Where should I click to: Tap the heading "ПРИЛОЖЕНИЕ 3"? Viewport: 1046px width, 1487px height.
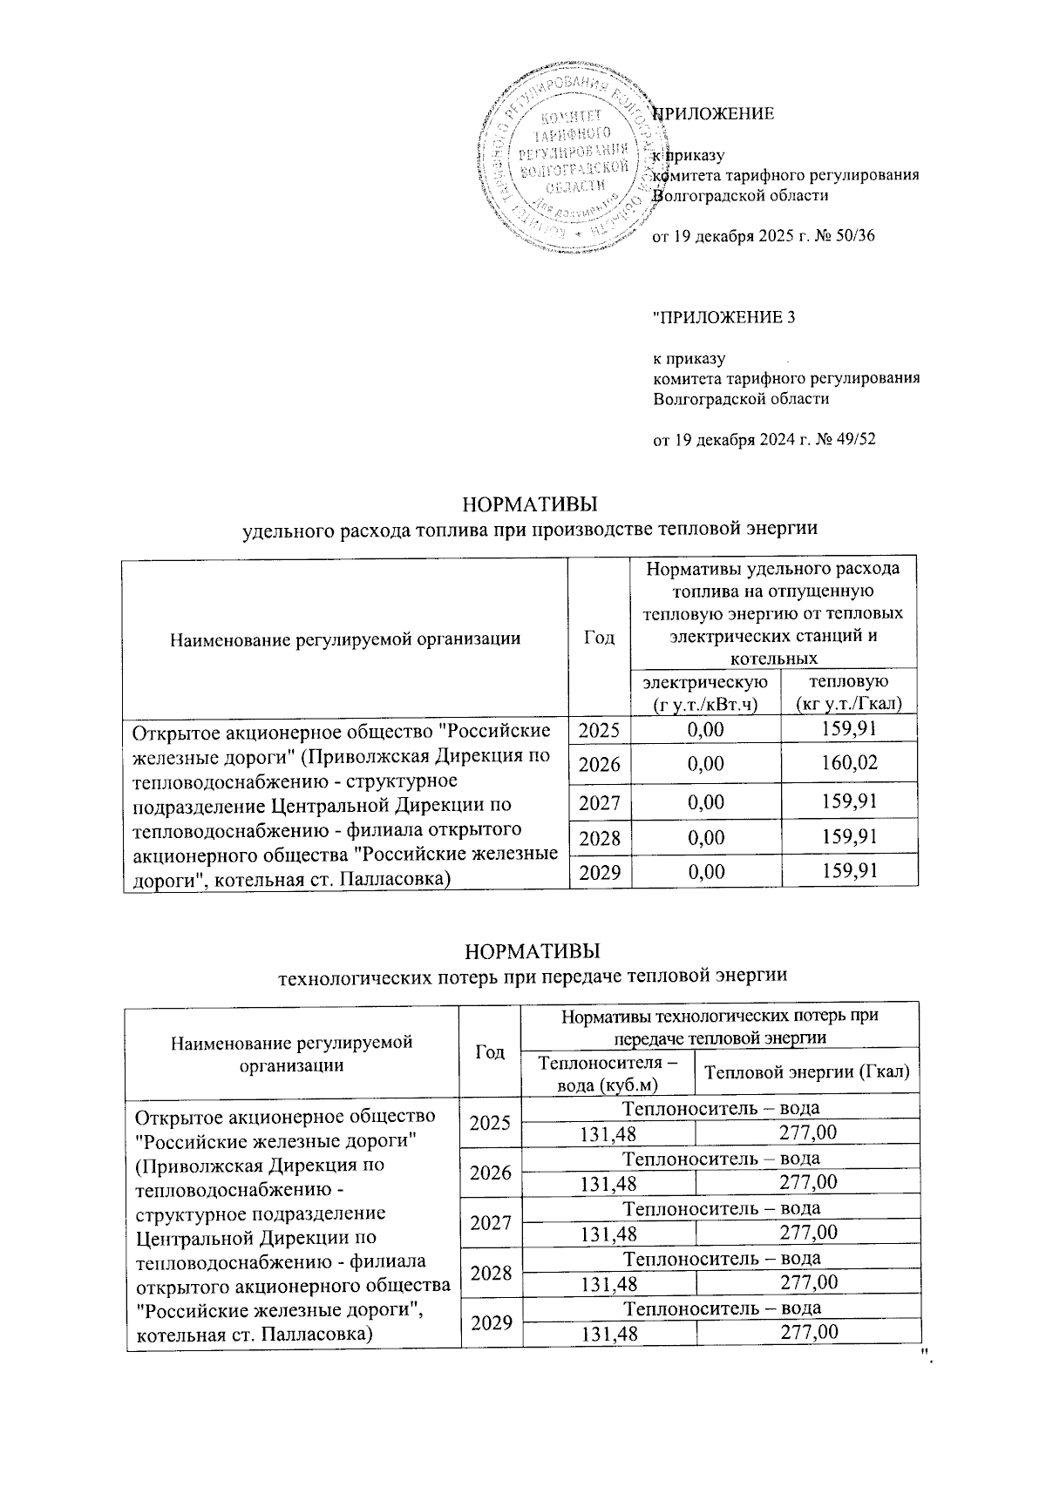[x=724, y=317]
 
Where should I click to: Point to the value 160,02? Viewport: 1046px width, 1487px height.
[x=849, y=764]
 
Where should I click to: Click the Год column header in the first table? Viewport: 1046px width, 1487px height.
[x=598, y=638]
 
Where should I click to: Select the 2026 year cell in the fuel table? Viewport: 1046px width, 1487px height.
[x=599, y=764]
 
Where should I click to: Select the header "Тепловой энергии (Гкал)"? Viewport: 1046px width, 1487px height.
[x=806, y=1072]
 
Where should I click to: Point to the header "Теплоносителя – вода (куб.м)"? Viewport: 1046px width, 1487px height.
[x=608, y=1072]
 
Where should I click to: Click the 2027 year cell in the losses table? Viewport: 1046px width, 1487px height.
[x=490, y=1222]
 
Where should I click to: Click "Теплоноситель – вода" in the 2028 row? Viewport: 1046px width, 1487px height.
[x=722, y=1258]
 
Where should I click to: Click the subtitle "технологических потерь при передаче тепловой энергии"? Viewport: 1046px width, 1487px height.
[x=532, y=975]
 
